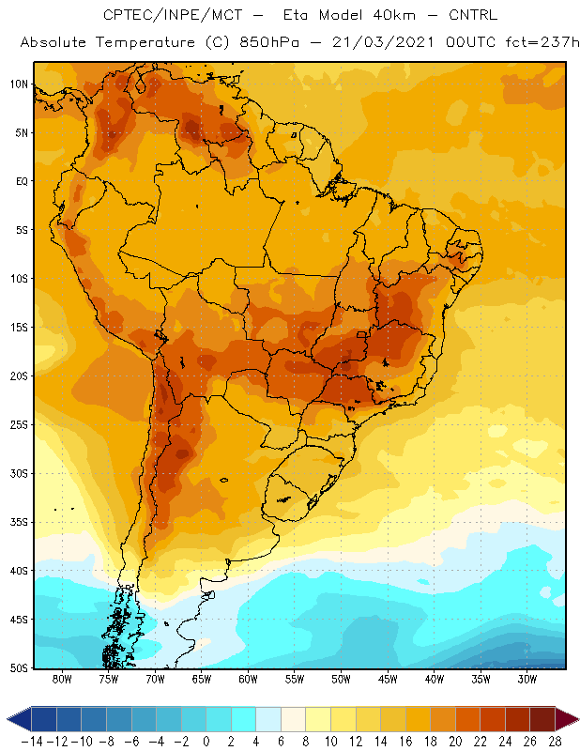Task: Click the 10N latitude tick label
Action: coord(19,84)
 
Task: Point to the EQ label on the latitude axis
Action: coord(22,181)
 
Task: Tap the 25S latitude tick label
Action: coord(19,425)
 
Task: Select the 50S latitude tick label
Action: coord(19,667)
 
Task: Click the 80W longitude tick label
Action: coord(62,679)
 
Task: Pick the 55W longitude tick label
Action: coord(295,679)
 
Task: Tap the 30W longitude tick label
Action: coord(527,679)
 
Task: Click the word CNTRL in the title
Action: coord(473,15)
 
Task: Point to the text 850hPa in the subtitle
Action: coord(269,42)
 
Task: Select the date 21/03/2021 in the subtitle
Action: coord(383,42)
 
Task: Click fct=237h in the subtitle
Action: coord(542,42)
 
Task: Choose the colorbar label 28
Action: coord(555,742)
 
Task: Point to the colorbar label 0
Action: coord(206,742)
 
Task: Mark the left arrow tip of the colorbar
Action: coord(8,719)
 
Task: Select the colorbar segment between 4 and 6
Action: coord(268,719)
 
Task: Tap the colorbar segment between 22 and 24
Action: coord(493,719)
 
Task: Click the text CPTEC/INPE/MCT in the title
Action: coord(173,15)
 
